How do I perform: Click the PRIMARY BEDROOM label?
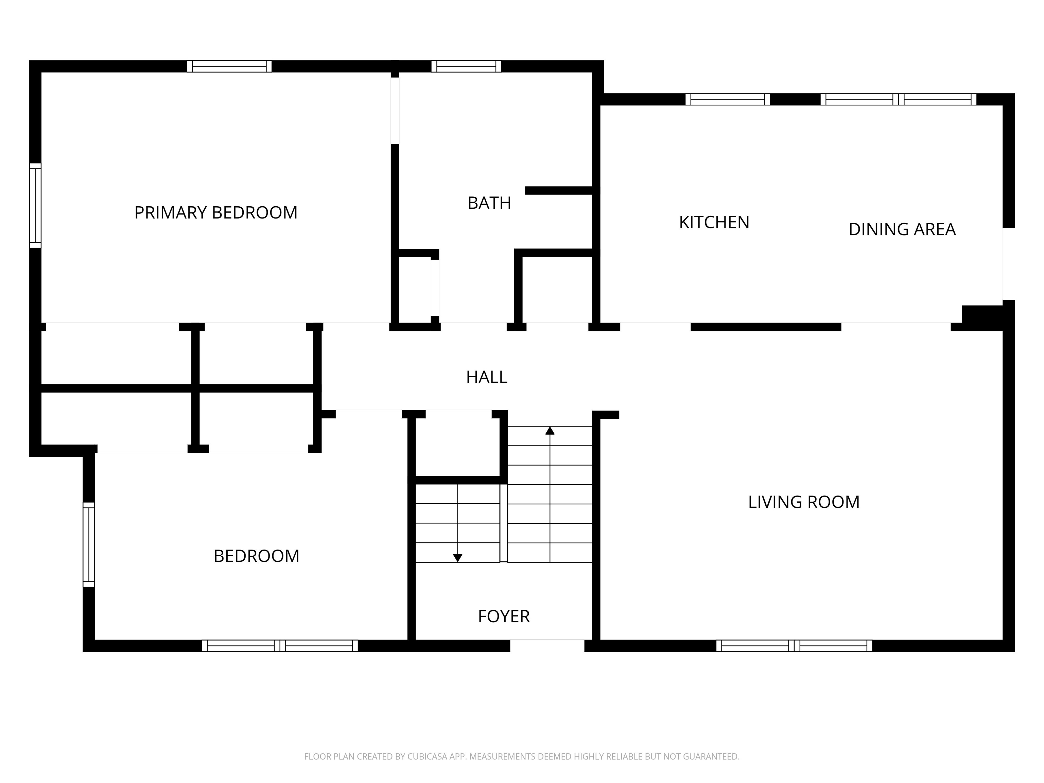pyautogui.click(x=216, y=212)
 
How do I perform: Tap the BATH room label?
pyautogui.click(x=489, y=203)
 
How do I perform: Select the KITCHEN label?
pyautogui.click(x=714, y=222)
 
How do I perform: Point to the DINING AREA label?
pyautogui.click(x=902, y=229)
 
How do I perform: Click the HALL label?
pyautogui.click(x=487, y=377)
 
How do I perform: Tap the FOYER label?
pyautogui.click(x=504, y=616)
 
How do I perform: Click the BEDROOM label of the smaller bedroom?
pyautogui.click(x=256, y=556)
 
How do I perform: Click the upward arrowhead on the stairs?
pyautogui.click(x=550, y=431)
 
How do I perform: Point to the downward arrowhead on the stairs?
pyautogui.click(x=457, y=558)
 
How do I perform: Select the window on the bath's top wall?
pyautogui.click(x=466, y=67)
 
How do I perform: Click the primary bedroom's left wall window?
pyautogui.click(x=35, y=205)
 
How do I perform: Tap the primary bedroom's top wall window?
pyautogui.click(x=229, y=67)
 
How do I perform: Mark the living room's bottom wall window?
pyautogui.click(x=794, y=646)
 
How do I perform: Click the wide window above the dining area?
pyautogui.click(x=899, y=99)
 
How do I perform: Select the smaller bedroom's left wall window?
pyautogui.click(x=89, y=545)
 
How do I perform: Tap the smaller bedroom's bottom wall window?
pyautogui.click(x=280, y=646)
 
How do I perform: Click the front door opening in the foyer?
pyautogui.click(x=547, y=646)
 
